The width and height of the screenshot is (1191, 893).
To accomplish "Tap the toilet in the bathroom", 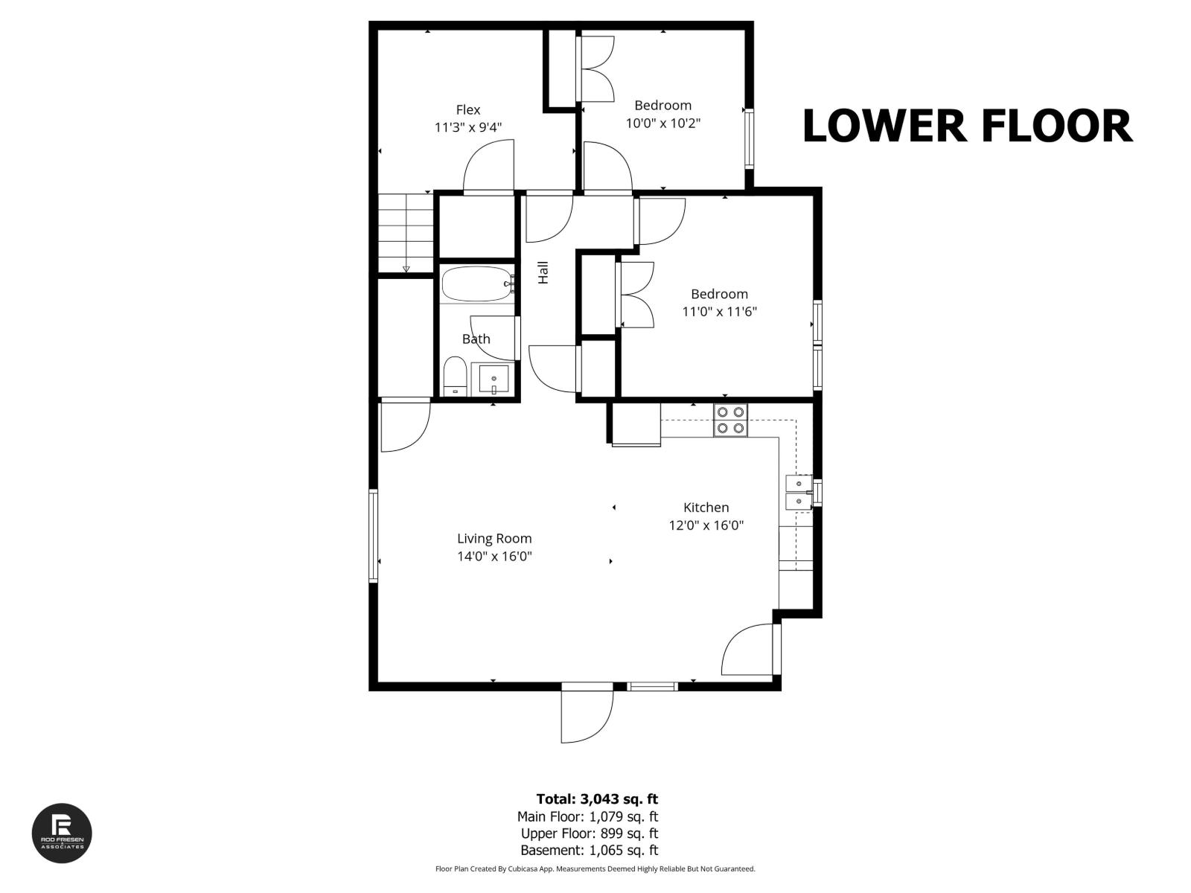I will [454, 377].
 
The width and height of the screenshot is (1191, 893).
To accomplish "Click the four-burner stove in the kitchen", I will [730, 420].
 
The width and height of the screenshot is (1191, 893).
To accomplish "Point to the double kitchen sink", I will [799, 493].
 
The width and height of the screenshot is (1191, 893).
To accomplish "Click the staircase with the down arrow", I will [406, 233].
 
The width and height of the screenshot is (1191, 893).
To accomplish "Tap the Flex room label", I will [468, 110].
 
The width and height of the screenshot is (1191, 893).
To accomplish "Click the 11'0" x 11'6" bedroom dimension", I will [719, 312].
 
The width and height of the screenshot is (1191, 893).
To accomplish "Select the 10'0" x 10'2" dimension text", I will [662, 123].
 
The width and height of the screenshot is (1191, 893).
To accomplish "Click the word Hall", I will [543, 272].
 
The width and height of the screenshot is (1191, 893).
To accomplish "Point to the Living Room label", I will [494, 538].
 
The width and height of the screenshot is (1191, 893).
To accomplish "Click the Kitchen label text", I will [706, 508].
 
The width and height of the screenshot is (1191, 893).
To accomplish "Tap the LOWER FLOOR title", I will [967, 126].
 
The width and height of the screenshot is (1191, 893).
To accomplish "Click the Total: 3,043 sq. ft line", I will [597, 799].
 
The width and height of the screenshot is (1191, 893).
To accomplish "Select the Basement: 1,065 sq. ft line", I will [589, 850].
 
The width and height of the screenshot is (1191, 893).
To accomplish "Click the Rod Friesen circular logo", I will [62, 833].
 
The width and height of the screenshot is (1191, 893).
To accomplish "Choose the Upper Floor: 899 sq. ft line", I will [589, 833].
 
